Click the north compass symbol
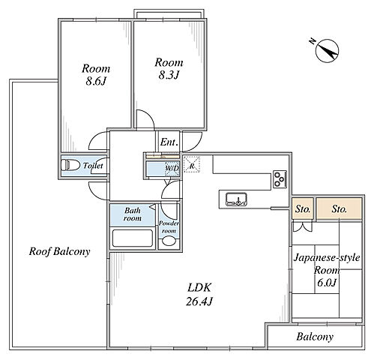(x=326, y=50)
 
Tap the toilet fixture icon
(x=70, y=165)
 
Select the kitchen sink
(x=236, y=199)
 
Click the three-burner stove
(x=280, y=179)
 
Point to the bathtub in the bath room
(x=132, y=238)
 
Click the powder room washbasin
(x=169, y=241)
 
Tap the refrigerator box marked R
(x=192, y=164)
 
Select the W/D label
(x=172, y=168)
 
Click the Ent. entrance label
(x=169, y=142)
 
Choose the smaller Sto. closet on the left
(x=303, y=208)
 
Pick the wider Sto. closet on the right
(x=340, y=208)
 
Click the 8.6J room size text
(x=96, y=81)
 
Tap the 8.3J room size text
(x=169, y=75)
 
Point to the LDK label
(x=199, y=288)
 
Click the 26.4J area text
(x=199, y=301)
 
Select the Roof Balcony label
(x=59, y=251)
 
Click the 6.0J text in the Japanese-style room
(x=327, y=283)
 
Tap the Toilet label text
(x=93, y=166)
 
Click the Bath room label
(x=133, y=214)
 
